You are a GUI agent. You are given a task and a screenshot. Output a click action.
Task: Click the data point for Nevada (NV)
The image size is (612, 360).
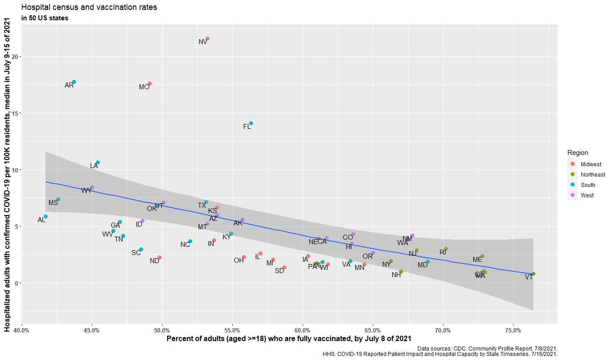207,39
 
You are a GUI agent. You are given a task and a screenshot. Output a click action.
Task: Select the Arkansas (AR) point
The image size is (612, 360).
74,82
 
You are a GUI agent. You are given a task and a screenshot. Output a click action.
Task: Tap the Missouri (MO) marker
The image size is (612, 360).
150,84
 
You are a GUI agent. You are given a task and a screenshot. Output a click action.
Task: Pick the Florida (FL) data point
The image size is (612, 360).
251,123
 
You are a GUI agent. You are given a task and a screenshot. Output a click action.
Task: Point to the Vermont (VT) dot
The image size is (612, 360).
533,274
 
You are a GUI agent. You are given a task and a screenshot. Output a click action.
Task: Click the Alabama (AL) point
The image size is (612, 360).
45,217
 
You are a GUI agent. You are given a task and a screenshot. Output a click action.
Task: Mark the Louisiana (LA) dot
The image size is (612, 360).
98,163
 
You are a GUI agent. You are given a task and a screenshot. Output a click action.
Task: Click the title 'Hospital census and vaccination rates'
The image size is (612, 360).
89,8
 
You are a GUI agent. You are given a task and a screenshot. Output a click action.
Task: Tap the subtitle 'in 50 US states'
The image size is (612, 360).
45,18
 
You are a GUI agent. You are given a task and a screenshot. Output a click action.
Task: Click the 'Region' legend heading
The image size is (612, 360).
577,153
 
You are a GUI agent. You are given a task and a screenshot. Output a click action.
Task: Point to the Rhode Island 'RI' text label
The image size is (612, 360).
443,252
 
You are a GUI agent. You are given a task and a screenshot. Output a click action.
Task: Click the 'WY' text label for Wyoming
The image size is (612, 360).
86,191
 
